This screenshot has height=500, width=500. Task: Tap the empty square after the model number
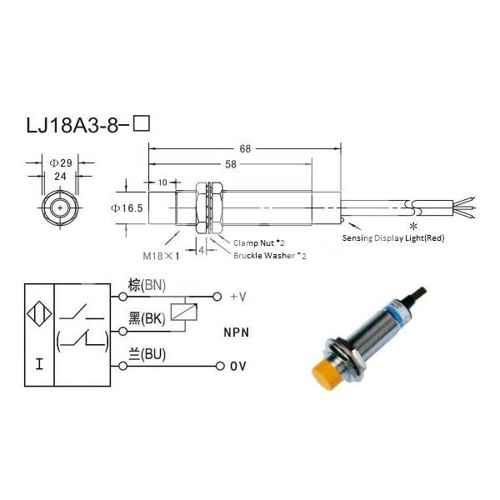[142, 126]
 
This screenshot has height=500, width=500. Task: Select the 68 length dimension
[244, 149]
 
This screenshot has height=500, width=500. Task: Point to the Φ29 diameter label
[57, 162]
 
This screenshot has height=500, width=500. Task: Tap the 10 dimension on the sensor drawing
[162, 182]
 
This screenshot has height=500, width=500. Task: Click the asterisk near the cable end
[412, 227]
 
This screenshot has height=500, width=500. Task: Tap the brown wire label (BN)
[147, 285]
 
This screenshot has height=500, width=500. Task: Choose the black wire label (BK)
[147, 319]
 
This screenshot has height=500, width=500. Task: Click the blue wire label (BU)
[147, 355]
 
